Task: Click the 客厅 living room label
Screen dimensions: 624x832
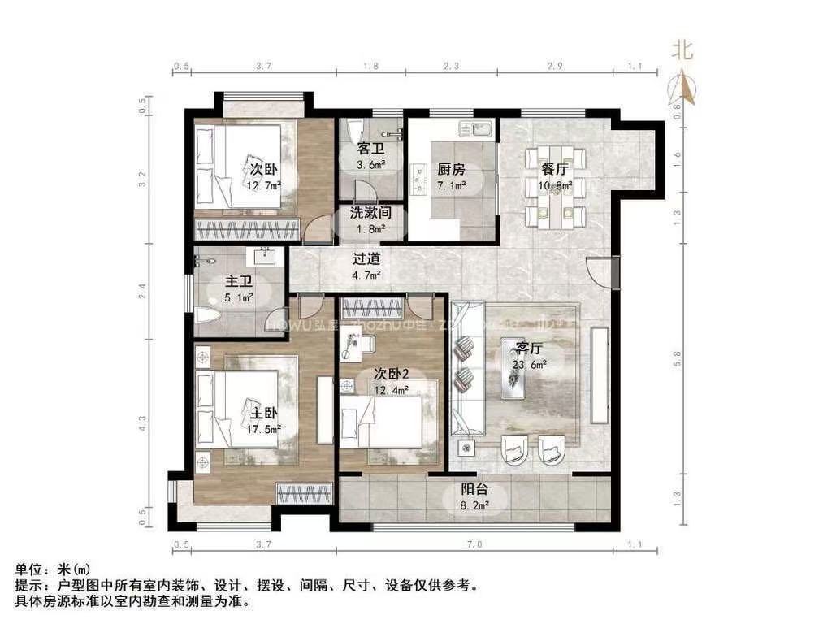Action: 529,349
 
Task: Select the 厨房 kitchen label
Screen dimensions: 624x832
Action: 451,169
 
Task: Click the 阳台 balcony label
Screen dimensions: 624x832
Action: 474,490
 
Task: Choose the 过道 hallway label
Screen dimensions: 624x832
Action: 365,260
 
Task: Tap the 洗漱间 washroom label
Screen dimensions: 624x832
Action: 371,213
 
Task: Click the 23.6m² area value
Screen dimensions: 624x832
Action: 530,365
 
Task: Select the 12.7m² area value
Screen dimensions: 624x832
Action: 265,184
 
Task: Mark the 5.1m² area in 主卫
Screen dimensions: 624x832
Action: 239,297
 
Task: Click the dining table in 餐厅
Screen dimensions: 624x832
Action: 556,185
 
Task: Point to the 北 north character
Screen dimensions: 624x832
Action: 682,50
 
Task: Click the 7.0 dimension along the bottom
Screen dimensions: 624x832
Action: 475,544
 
